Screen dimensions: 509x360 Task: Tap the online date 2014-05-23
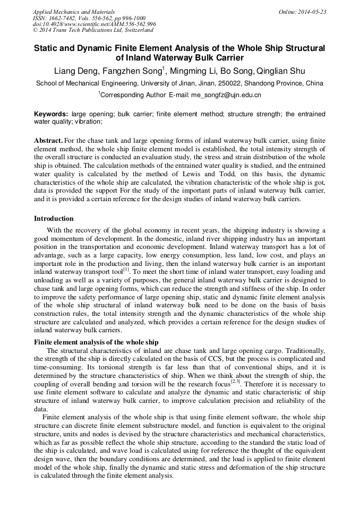pos(314,12)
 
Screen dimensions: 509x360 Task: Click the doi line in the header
pos(94,24)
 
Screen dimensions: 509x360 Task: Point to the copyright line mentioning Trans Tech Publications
pos(93,30)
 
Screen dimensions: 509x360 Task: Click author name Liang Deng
pos(77,71)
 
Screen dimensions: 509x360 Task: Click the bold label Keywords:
pos(51,114)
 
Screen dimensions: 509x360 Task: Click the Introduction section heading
pos(54,219)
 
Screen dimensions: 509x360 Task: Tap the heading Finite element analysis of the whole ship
pos(96,342)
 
